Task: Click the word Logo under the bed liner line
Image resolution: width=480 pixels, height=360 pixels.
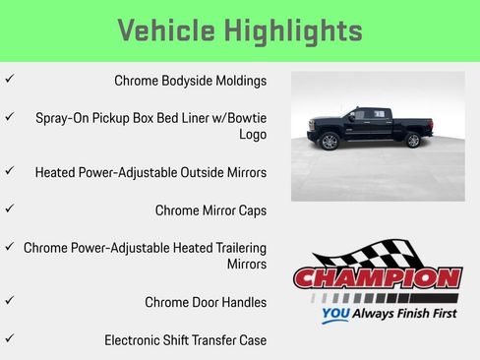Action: point(253,135)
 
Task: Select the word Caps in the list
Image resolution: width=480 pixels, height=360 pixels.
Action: point(251,210)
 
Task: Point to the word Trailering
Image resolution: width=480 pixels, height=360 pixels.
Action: point(231,247)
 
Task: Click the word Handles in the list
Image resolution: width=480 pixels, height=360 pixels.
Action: point(242,302)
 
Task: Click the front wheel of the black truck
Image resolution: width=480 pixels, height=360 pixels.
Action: point(330,142)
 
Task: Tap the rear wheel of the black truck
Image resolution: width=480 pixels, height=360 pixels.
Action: point(412,140)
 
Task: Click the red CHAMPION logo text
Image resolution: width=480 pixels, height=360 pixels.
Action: point(378,278)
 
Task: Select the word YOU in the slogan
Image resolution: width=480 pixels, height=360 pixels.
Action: point(335,316)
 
